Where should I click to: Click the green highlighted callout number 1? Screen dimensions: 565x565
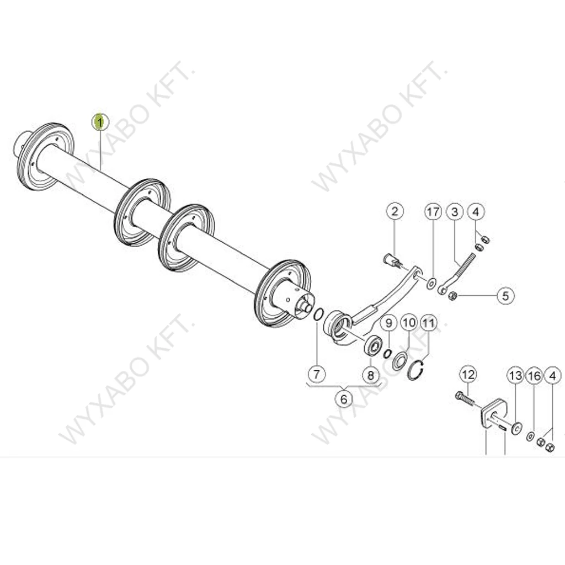point(99,122)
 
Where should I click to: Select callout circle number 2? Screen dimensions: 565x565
point(395,211)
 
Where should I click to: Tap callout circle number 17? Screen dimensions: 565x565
point(433,211)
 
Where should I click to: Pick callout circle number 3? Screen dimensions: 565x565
point(455,212)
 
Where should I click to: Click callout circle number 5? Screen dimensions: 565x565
point(505,296)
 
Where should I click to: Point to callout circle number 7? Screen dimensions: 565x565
point(317,374)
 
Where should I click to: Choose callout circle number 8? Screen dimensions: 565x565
point(371,375)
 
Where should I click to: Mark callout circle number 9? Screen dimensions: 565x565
point(388,323)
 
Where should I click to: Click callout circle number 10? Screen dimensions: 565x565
point(409,322)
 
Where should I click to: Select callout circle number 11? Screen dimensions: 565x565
point(429,323)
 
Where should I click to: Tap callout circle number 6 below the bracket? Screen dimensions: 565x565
point(344,399)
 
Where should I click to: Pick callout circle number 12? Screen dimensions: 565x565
point(468,375)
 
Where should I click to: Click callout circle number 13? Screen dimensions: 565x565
point(516,376)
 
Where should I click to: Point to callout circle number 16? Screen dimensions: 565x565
point(534,376)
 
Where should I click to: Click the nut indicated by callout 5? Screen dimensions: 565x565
point(452,296)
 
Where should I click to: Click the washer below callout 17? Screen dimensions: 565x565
point(431,284)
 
